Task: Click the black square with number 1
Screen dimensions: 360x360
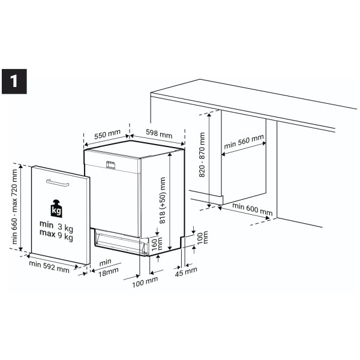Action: tap(14, 82)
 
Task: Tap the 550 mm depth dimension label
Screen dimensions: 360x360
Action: tap(107, 134)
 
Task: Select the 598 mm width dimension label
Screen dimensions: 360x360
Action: tap(159, 133)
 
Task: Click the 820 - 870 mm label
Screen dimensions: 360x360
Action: tap(202, 155)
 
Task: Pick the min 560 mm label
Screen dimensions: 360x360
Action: tap(244, 142)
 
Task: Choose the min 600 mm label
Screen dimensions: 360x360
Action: tap(253, 209)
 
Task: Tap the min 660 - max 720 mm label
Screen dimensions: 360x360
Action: tap(14, 206)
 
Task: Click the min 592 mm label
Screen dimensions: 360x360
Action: tap(49, 267)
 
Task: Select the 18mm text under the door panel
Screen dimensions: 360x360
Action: tap(109, 272)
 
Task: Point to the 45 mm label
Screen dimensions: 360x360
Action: tap(186, 272)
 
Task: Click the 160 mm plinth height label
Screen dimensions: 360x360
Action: tap(157, 244)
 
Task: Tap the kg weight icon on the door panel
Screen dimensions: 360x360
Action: tap(56, 208)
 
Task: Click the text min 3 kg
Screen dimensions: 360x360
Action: tap(56, 226)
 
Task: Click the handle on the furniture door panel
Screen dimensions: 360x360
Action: tap(58, 183)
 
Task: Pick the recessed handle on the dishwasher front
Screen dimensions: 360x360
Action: tap(110, 165)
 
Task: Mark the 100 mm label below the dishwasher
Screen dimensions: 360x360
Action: tap(145, 282)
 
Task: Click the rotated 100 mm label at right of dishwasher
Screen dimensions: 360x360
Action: tap(202, 238)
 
